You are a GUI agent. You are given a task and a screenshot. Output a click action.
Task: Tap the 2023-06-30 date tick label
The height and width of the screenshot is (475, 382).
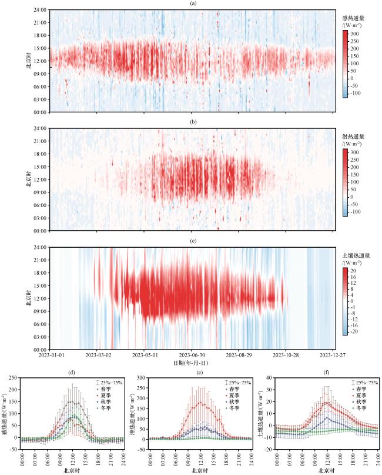[192, 355]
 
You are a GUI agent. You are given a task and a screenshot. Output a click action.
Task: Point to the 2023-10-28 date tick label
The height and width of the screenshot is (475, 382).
[287, 355]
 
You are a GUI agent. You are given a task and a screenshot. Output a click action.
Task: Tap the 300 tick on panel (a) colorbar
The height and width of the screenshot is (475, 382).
[355, 34]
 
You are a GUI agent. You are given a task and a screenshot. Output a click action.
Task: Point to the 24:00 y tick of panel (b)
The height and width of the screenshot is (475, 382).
[41, 128]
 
